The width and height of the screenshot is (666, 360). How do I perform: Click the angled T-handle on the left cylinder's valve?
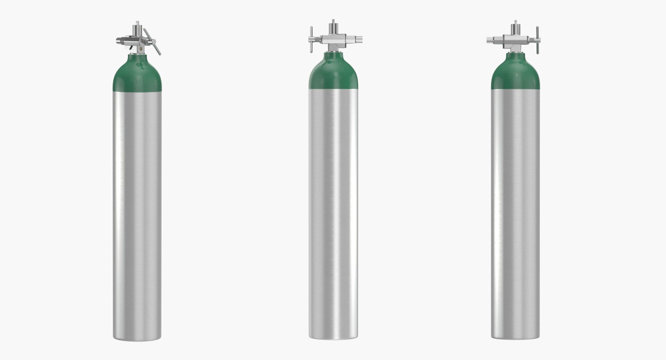[156, 46]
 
